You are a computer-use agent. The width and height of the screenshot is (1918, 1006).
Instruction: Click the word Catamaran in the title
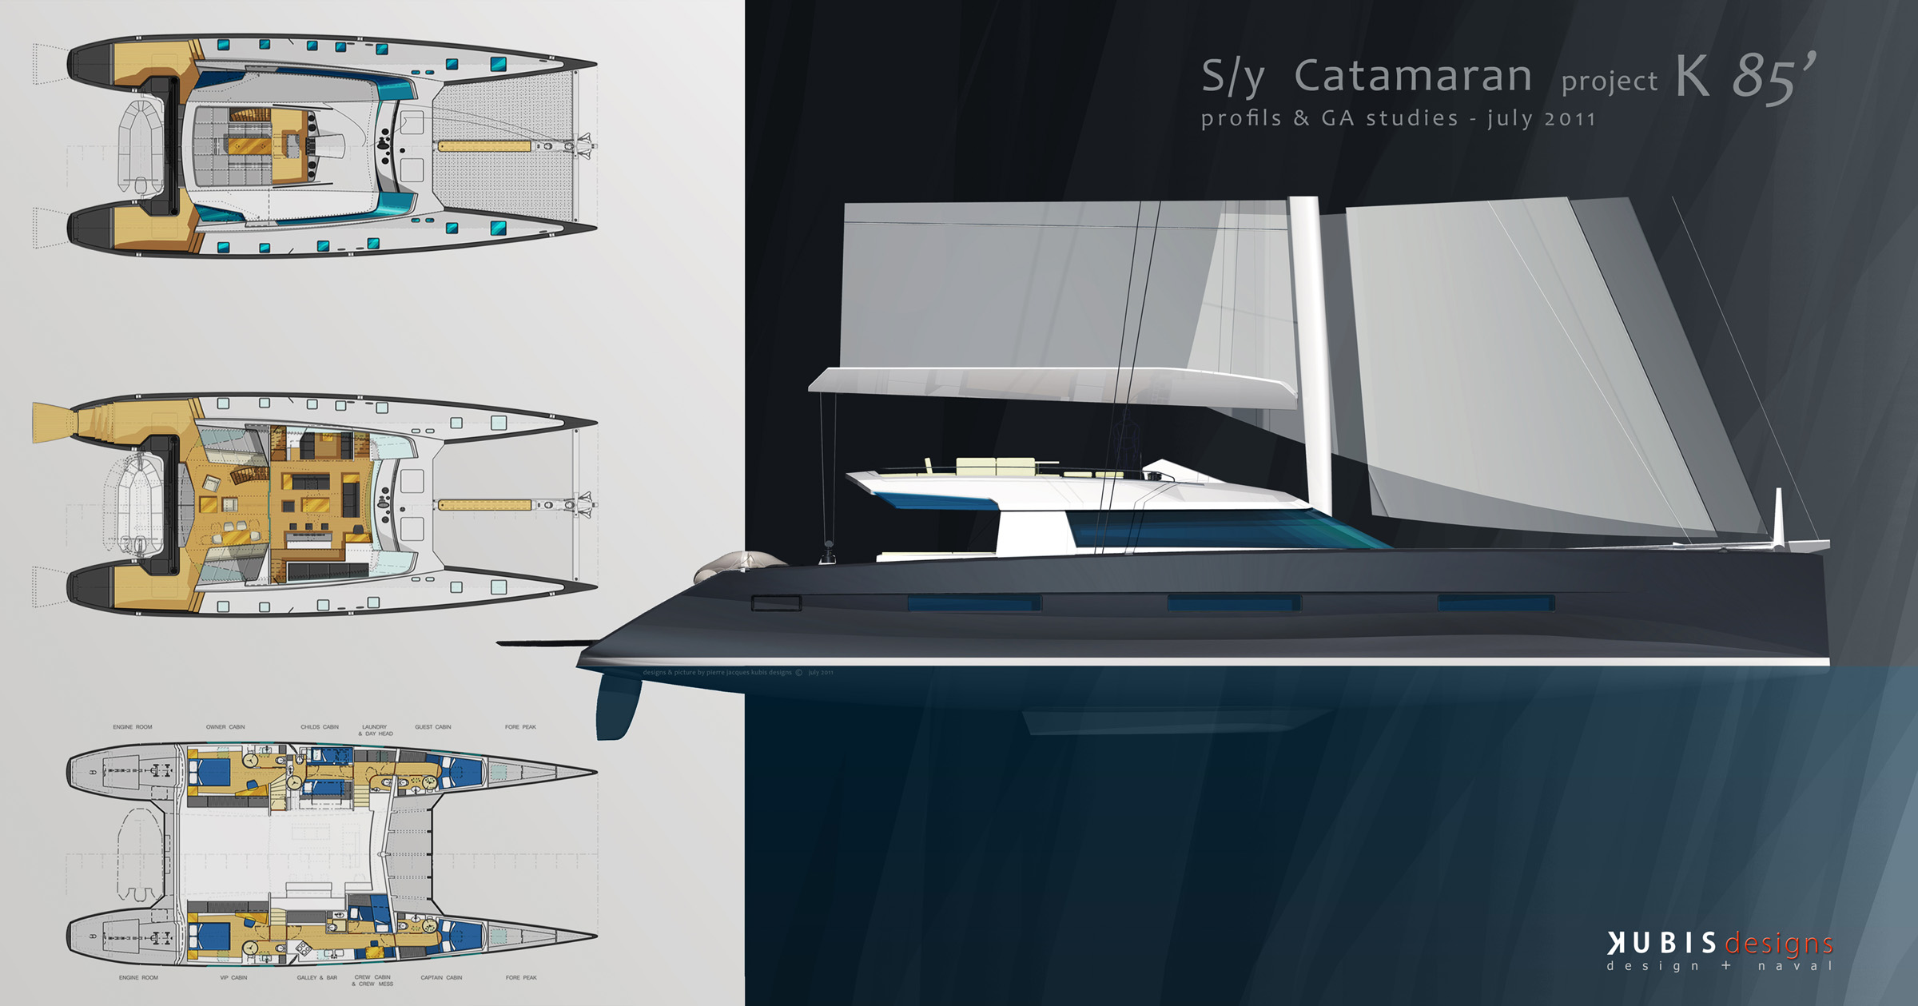point(1412,77)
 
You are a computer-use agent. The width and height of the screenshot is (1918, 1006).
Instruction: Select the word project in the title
point(1609,82)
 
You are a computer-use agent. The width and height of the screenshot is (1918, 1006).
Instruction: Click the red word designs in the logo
point(1778,944)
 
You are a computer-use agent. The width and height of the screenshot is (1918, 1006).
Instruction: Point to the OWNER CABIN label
point(225,727)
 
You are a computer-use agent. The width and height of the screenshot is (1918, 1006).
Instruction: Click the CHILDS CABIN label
point(320,727)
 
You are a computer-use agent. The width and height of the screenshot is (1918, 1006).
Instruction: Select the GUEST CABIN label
point(433,727)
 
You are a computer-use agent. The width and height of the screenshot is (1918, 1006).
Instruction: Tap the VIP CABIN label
point(233,977)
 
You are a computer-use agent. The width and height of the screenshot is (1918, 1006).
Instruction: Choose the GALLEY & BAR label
point(317,977)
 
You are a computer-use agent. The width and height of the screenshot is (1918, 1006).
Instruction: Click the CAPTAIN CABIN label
point(441,977)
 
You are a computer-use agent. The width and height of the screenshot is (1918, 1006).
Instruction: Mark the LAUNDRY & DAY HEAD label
point(375,730)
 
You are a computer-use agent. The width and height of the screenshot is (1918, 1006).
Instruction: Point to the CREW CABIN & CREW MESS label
point(372,980)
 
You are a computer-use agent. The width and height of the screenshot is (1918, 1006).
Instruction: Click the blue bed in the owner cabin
point(214,772)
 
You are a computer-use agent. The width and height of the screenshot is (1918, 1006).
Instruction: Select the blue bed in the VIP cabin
point(214,935)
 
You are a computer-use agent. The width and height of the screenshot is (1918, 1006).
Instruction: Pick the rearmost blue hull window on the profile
point(973,603)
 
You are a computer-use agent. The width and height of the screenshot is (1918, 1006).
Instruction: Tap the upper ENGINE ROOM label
point(133,727)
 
